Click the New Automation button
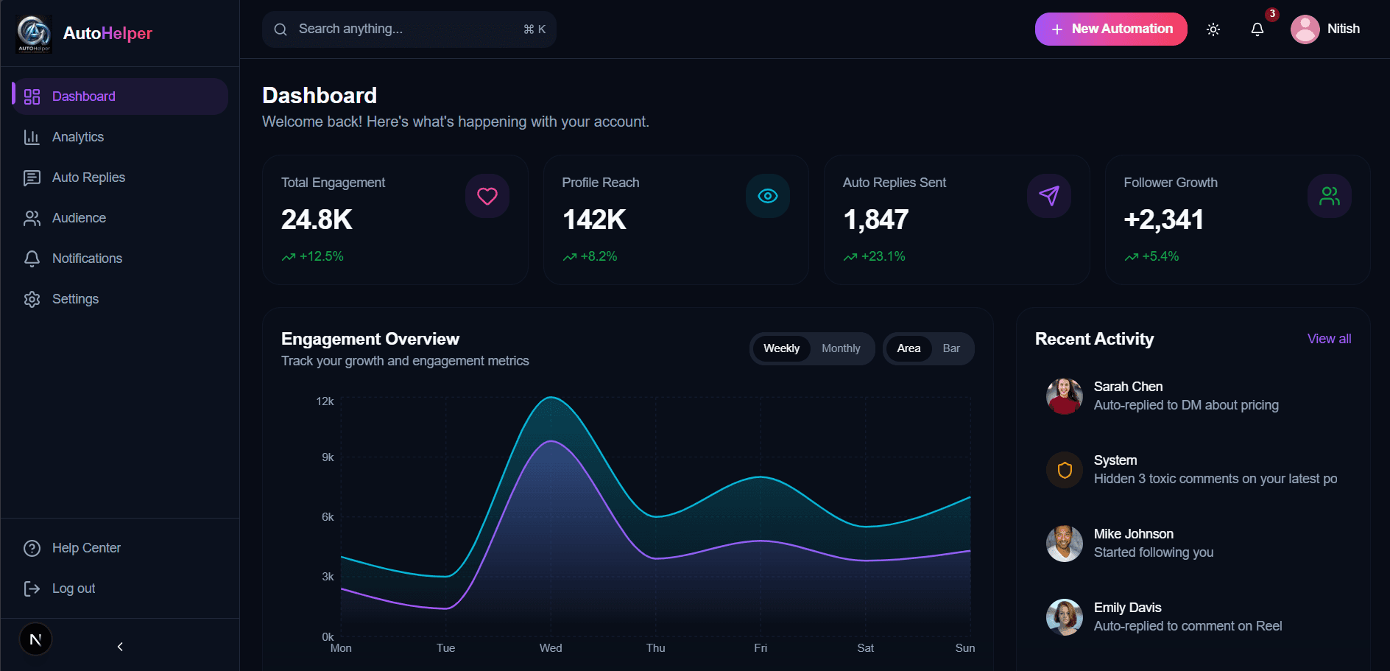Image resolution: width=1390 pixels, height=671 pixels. [x=1110, y=29]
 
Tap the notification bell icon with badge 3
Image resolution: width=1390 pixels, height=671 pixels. [x=1257, y=29]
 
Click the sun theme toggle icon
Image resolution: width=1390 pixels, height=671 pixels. [x=1213, y=29]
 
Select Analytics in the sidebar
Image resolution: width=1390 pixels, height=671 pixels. [x=77, y=137]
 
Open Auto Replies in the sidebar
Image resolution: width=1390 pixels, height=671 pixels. [x=88, y=178]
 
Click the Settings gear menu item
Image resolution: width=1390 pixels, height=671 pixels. [x=74, y=299]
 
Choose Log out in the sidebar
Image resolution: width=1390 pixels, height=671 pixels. [x=73, y=589]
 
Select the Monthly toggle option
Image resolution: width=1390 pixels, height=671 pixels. [x=841, y=348]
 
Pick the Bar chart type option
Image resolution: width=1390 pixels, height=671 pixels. [x=951, y=348]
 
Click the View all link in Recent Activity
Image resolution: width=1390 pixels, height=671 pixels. [x=1329, y=339]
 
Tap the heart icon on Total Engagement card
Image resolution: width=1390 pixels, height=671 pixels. [x=487, y=196]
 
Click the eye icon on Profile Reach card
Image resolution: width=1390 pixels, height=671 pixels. [x=768, y=196]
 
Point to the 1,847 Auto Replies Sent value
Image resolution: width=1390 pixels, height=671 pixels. [x=876, y=219]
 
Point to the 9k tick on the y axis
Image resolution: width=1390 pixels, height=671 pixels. [x=328, y=457]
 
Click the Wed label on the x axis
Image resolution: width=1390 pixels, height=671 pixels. [x=551, y=648]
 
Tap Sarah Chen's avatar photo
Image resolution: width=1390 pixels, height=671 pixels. [x=1065, y=396]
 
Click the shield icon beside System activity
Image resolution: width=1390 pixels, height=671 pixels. [x=1065, y=470]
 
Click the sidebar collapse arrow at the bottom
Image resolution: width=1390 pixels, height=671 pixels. [x=120, y=647]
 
